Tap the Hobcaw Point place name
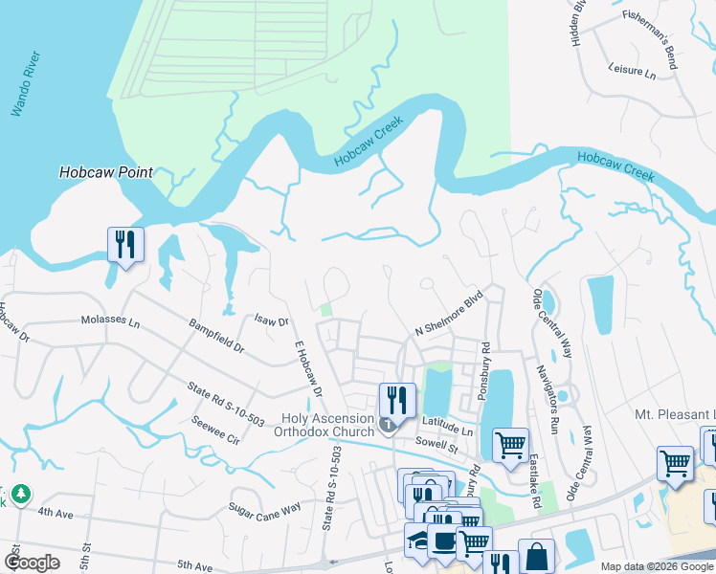tap(106, 173)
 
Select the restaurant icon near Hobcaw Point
tap(125, 245)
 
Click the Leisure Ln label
tap(632, 71)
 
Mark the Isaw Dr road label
tap(272, 322)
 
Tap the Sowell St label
tap(438, 445)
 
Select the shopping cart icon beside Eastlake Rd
tap(510, 444)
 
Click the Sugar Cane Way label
tap(264, 507)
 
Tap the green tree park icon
tap(19, 495)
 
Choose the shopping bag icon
tap(536, 557)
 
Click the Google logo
tap(33, 563)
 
